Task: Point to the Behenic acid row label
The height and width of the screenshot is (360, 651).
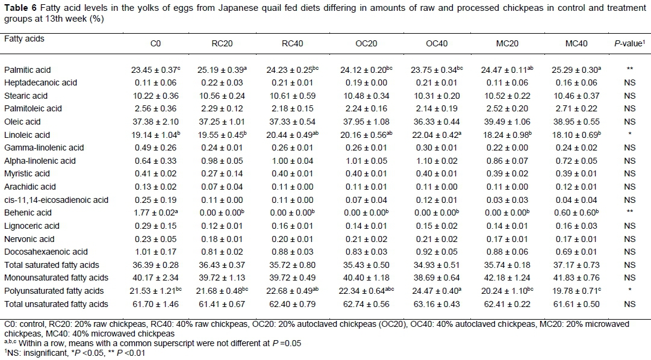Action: click(x=25, y=213)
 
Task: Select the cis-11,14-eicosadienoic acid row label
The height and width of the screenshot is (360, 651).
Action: click(x=56, y=200)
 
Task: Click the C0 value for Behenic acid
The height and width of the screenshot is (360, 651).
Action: click(x=155, y=213)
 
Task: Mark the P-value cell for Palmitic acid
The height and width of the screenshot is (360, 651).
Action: click(x=629, y=70)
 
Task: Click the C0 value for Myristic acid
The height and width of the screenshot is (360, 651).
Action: click(x=154, y=174)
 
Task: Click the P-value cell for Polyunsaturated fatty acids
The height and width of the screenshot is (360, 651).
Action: click(x=629, y=291)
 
